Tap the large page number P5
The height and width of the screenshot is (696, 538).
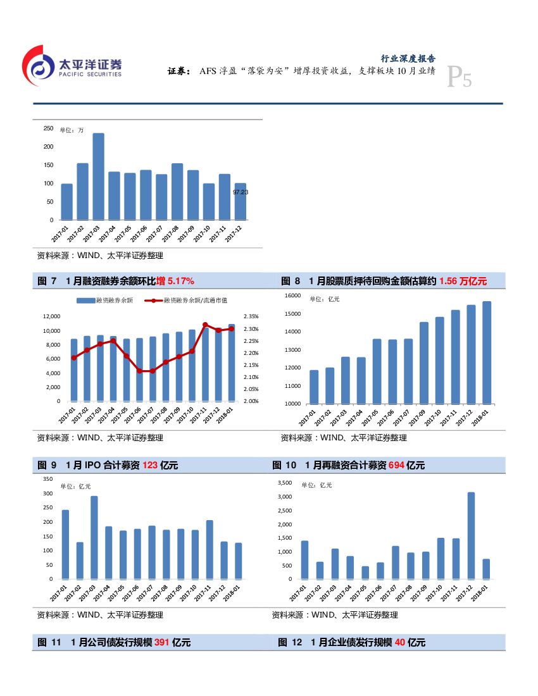pyautogui.click(x=459, y=78)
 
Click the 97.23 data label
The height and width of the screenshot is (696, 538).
pyautogui.click(x=241, y=192)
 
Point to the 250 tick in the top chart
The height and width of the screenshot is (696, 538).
pyautogui.click(x=49, y=128)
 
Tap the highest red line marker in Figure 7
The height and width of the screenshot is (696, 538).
pyautogui.click(x=205, y=325)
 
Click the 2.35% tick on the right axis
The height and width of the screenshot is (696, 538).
pyautogui.click(x=251, y=316)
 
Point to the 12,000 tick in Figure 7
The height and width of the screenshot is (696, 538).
pyautogui.click(x=51, y=316)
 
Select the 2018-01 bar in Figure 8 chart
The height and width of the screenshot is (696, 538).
pyautogui.click(x=486, y=352)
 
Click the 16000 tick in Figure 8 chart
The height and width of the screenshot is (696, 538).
pyautogui.click(x=292, y=295)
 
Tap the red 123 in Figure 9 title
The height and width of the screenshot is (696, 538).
pyautogui.click(x=150, y=466)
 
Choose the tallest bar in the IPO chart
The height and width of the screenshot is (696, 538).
pyautogui.click(x=94, y=537)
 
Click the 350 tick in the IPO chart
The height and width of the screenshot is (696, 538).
pyautogui.click(x=48, y=479)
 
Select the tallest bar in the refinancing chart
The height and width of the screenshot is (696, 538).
pyautogui.click(x=471, y=535)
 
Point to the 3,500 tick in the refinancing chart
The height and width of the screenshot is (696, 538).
pyautogui.click(x=285, y=483)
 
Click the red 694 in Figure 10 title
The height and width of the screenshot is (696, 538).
pyautogui.click(x=396, y=466)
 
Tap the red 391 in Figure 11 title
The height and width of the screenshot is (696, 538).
pyautogui.click(x=161, y=643)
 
